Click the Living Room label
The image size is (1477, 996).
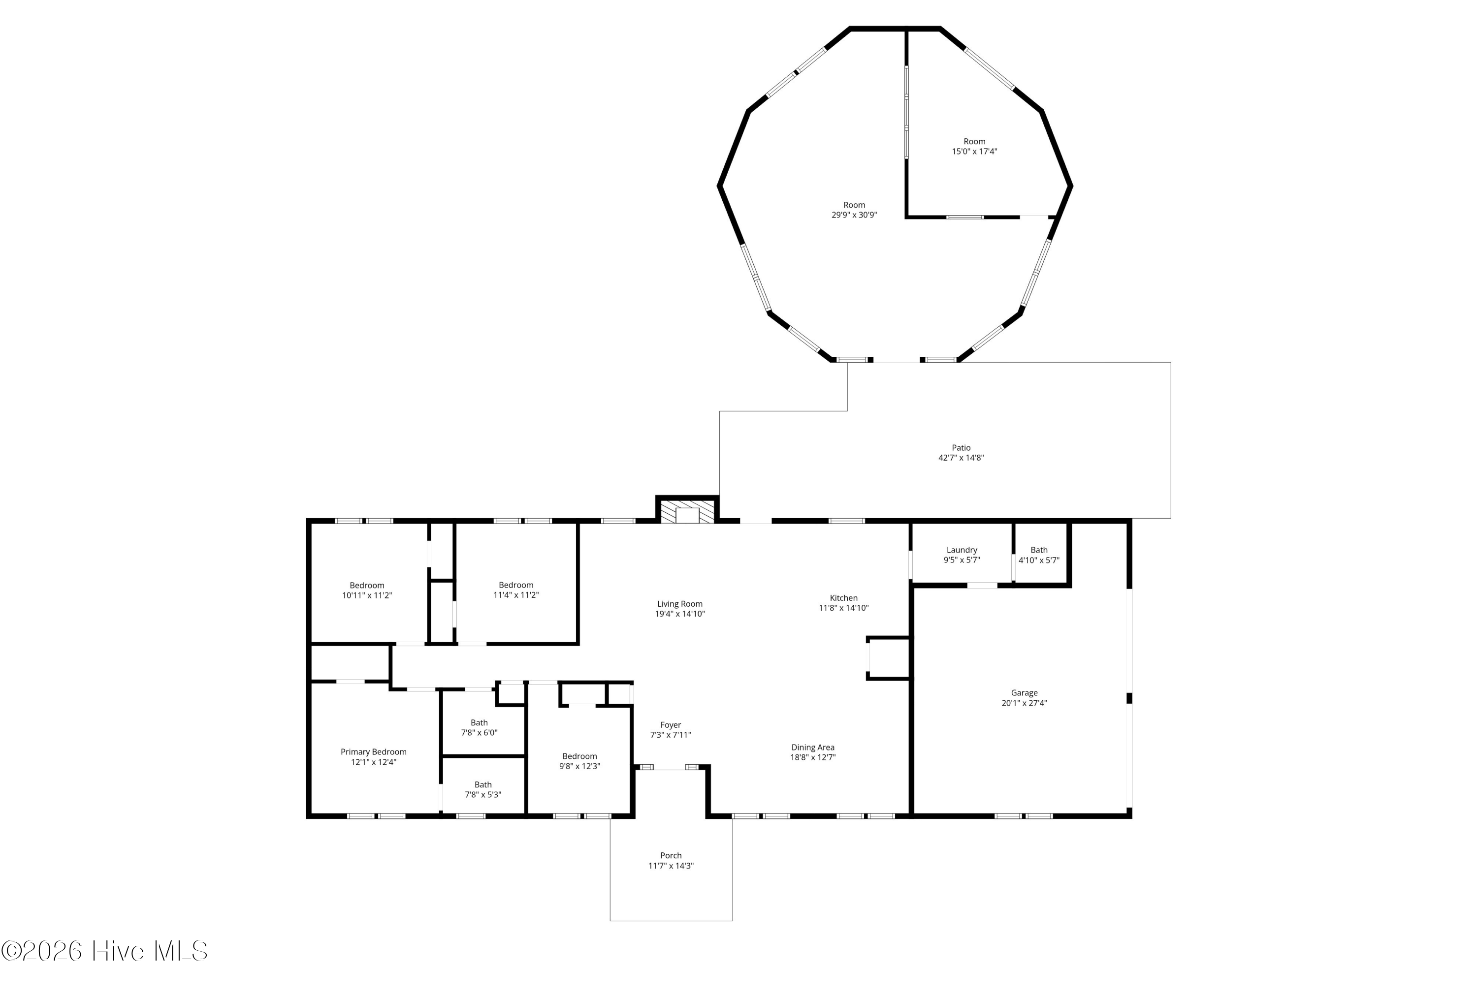[679, 604]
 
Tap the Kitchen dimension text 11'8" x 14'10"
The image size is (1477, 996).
[843, 608]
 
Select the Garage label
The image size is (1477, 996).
[1024, 693]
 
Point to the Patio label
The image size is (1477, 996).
[961, 448]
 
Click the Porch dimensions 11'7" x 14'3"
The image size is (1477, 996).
[671, 866]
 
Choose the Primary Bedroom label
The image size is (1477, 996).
[373, 752]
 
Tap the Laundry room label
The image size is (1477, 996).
[962, 550]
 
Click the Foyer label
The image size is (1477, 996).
[671, 725]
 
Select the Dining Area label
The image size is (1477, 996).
[812, 747]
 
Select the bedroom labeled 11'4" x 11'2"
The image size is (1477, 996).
[516, 585]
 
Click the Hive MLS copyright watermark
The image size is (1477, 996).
[105, 951]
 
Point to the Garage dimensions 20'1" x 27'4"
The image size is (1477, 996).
[1024, 703]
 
